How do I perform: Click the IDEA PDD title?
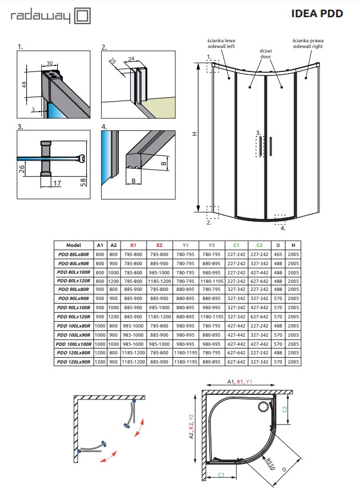317,13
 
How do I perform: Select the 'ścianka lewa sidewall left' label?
222,44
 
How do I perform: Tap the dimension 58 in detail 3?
83,182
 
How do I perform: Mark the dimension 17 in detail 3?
56,183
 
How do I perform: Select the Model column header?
74,245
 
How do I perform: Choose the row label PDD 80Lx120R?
74,281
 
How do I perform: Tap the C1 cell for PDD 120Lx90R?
234,361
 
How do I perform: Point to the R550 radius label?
270,464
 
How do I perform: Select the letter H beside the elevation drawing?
194,134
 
